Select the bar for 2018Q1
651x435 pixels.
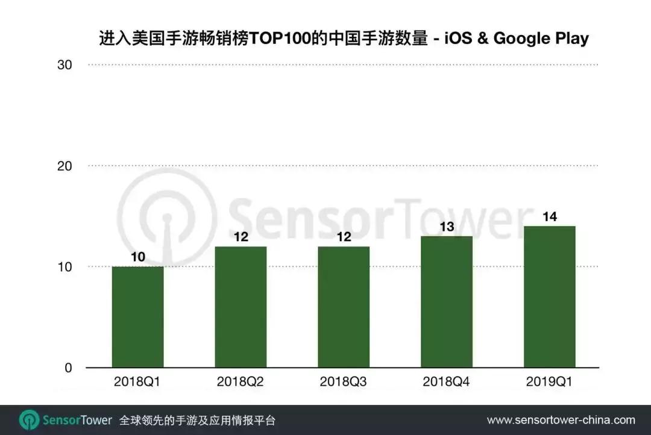point(137,317)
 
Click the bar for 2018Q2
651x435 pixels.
point(241,307)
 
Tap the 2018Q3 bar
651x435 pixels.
point(344,307)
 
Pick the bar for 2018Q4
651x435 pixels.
point(447,301)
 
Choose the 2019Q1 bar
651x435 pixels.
point(549,296)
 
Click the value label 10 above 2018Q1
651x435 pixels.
point(137,257)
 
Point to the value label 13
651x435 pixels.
point(447,227)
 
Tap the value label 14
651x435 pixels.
point(549,217)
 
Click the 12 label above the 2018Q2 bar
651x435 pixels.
point(241,237)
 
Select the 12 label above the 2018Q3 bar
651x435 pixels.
point(344,237)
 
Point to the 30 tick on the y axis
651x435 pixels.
point(64,65)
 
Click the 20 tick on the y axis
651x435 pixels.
point(64,166)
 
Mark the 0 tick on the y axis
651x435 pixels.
point(68,368)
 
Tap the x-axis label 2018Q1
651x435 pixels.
point(137,382)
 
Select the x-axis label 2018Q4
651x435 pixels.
point(447,382)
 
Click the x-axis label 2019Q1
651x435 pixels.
point(549,382)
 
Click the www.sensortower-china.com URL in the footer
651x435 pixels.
point(561,420)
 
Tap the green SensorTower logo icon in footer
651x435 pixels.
point(29,420)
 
